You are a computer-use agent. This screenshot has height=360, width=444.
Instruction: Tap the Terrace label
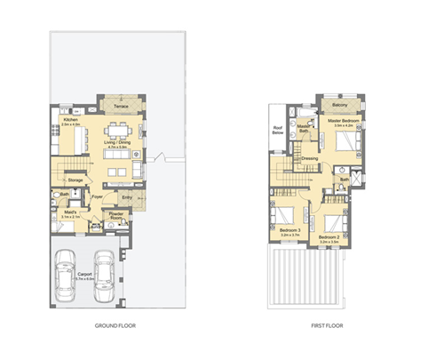coord(122,107)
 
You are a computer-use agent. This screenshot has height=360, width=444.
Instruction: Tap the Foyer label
coord(98,197)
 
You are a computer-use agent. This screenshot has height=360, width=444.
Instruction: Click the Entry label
coord(127,197)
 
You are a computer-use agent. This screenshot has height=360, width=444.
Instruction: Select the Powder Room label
coord(116,216)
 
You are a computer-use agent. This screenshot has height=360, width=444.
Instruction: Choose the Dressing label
coord(310,159)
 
